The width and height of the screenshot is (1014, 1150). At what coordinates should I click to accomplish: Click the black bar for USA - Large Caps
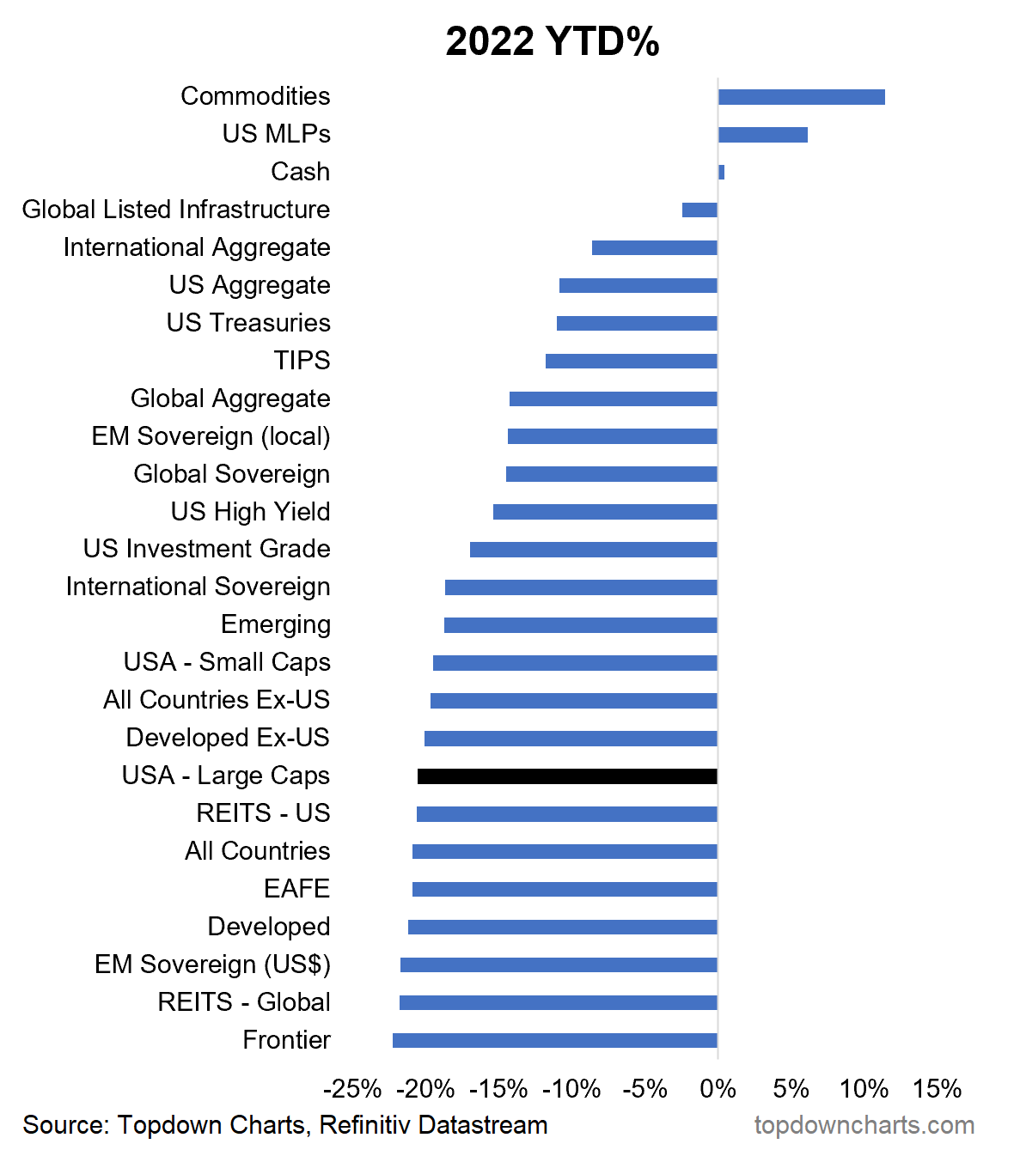(567, 776)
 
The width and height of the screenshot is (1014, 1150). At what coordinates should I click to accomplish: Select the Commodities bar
(801, 97)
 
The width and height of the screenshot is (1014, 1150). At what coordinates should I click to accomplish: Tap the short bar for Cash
(722, 173)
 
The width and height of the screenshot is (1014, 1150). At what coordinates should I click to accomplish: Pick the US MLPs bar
(762, 135)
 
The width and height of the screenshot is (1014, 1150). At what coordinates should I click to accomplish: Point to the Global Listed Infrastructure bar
(699, 210)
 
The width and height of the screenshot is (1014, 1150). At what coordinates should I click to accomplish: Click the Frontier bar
(554, 1041)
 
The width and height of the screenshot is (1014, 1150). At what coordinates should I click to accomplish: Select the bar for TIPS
(631, 362)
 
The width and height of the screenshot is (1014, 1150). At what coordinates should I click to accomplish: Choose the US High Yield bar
(605, 512)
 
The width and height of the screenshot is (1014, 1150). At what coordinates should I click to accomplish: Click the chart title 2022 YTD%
(553, 41)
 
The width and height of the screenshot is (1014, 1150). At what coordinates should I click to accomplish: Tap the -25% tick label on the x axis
(352, 1089)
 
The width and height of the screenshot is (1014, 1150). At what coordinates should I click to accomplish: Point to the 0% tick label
(718, 1089)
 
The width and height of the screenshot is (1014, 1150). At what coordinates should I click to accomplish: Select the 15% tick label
(937, 1089)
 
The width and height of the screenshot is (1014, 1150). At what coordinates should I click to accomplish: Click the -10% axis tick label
(571, 1089)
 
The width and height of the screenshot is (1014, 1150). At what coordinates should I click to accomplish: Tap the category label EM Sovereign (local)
(211, 436)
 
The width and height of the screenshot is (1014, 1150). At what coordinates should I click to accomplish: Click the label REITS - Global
(244, 1002)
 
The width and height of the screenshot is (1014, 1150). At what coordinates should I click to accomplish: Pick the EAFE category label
(296, 889)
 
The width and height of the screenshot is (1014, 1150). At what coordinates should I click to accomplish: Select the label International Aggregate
(197, 247)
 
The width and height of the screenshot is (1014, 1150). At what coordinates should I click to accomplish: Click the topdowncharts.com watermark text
(864, 1125)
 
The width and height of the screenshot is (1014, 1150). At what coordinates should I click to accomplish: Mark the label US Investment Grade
(207, 549)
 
